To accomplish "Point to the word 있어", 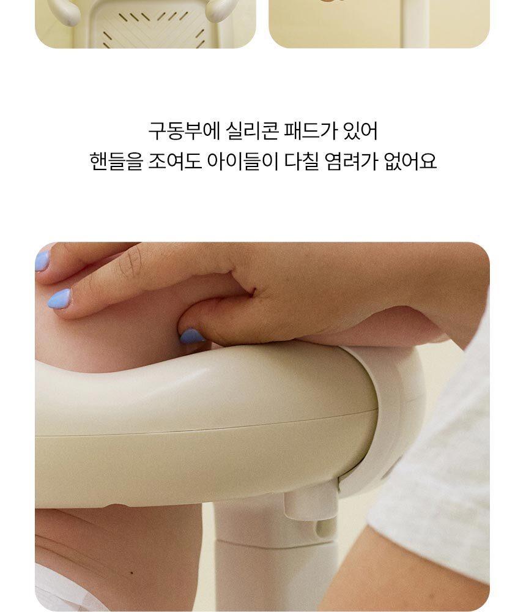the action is pyautogui.click(x=360, y=131).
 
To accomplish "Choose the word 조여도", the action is pyautogui.click(x=174, y=161).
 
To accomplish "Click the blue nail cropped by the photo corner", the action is pyautogui.click(x=42, y=261).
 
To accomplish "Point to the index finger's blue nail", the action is pyautogui.click(x=59, y=299).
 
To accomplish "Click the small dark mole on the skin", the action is pyautogui.click(x=131, y=573).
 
